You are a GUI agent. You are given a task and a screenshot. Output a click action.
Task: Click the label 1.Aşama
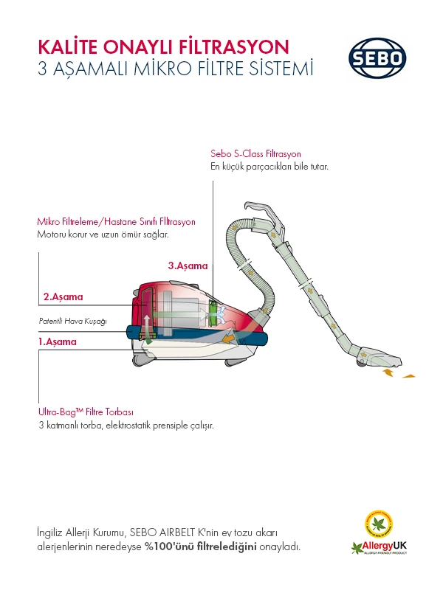click(x=57, y=342)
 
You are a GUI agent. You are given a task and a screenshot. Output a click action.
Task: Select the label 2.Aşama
click(x=63, y=297)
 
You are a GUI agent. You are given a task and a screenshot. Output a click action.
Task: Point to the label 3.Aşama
click(x=188, y=265)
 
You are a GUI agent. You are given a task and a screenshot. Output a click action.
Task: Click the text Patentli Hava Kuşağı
click(x=73, y=322)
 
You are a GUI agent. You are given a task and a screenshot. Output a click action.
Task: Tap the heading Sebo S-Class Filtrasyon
click(x=255, y=154)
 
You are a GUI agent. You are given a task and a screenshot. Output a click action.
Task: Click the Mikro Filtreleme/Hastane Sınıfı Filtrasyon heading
click(x=116, y=221)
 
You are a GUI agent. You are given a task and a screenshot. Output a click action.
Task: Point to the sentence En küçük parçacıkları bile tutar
click(x=269, y=167)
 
